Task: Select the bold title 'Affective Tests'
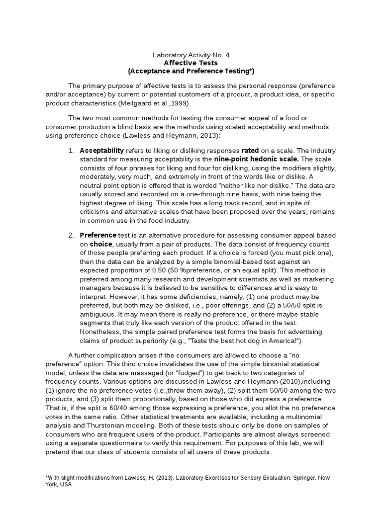[191, 63]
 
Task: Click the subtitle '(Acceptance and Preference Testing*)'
[191, 72]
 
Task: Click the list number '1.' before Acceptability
[72, 150]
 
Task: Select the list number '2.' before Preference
[72, 235]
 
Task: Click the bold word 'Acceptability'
[101, 150]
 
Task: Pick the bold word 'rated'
[250, 150]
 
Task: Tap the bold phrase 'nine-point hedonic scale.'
[257, 159]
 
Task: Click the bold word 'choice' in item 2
[101, 244]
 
